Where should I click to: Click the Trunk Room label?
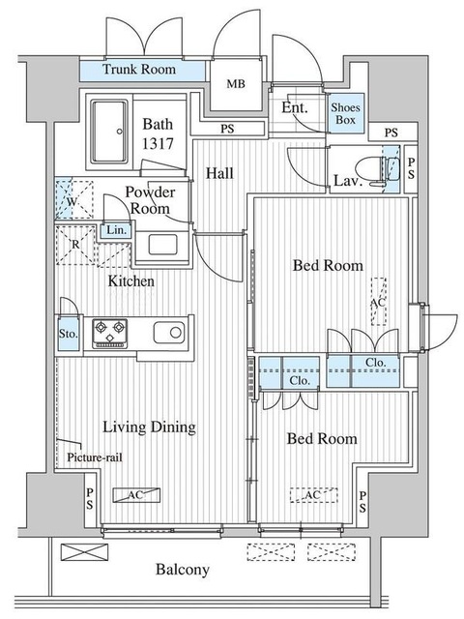[139, 70]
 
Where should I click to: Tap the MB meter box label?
[236, 84]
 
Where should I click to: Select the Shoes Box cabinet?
[346, 113]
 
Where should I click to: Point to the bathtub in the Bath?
[109, 132]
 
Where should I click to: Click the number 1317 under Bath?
[158, 144]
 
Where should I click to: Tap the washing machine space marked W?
[73, 199]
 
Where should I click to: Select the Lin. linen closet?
[116, 230]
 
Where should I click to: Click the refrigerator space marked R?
[75, 245]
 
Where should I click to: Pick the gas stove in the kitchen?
[109, 334]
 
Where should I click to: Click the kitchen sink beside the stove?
[169, 333]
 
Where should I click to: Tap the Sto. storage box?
[69, 333]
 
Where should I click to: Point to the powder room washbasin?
[162, 245]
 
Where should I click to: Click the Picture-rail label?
[95, 457]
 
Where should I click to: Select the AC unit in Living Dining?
[136, 495]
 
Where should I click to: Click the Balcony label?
[183, 570]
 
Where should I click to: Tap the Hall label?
[219, 173]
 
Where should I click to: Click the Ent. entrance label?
[294, 107]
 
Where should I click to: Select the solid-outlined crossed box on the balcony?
[84, 552]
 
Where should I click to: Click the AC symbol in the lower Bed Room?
[313, 495]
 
